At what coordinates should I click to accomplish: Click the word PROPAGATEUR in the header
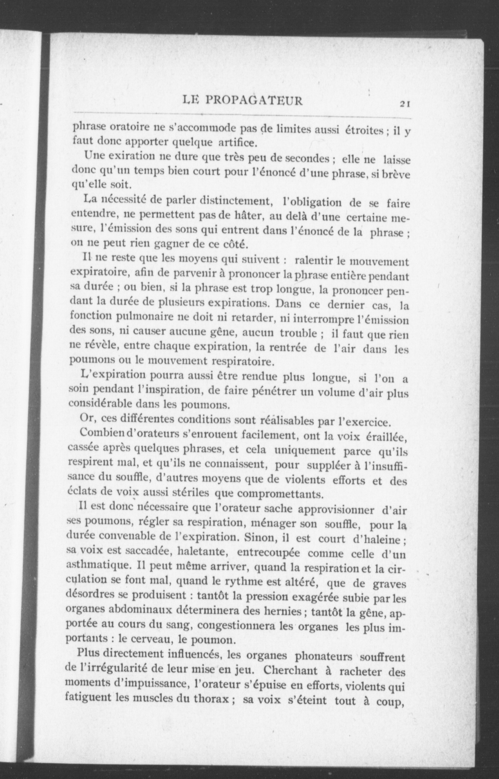pos(254,101)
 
